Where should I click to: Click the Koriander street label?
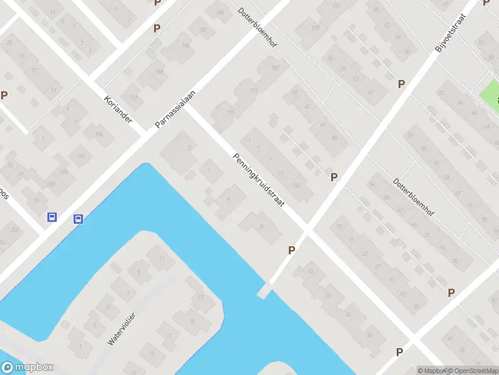[118, 108]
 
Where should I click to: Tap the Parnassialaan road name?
[175, 110]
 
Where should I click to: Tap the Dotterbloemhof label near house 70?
[414, 197]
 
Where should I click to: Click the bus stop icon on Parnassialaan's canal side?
[79, 219]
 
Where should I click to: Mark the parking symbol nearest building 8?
[291, 250]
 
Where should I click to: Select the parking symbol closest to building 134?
[334, 177]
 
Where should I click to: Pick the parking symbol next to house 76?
[451, 292]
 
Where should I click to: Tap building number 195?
[231, 112]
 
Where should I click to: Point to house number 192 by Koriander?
[133, 98]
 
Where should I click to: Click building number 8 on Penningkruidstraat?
[261, 226]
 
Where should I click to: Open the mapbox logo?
[27, 367]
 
